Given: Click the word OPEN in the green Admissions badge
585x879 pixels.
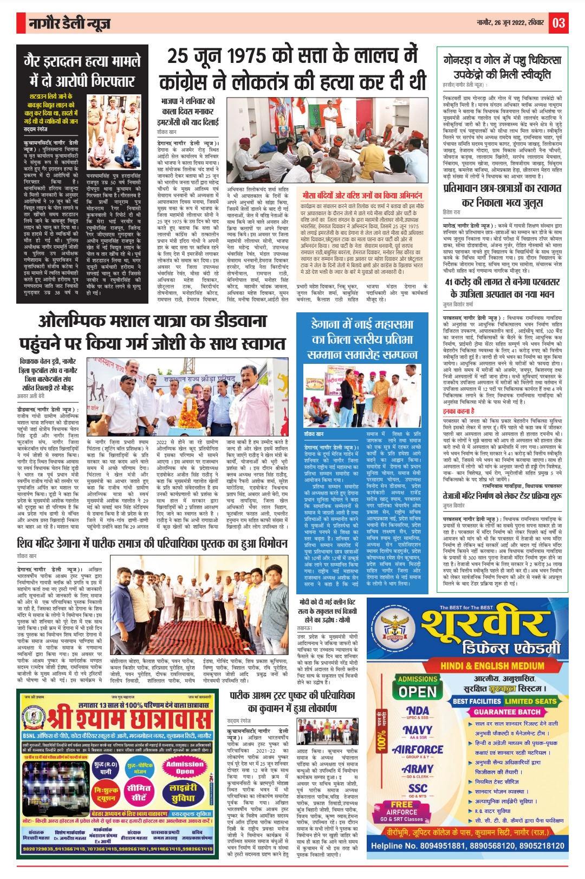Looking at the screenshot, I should click(x=417, y=692).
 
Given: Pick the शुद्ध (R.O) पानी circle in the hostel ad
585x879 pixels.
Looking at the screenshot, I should click(x=106, y=767).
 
